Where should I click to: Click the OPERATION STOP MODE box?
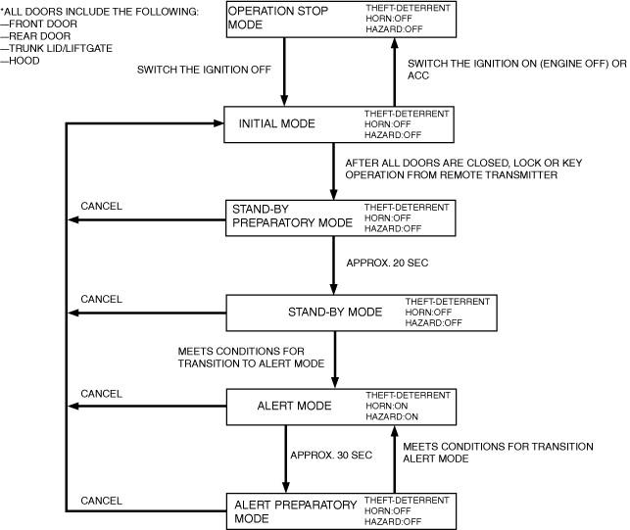pos(339,21)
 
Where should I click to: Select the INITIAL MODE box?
pos(339,123)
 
